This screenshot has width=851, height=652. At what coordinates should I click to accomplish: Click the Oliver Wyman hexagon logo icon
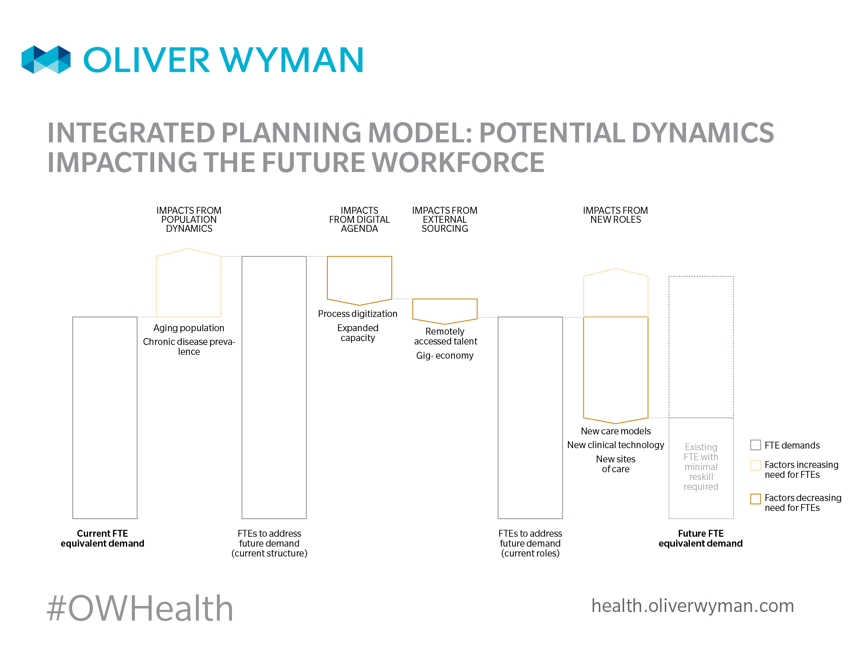tap(46, 59)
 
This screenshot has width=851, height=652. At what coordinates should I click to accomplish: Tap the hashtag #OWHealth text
tap(140, 608)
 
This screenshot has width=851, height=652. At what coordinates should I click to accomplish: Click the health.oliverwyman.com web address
tap(692, 606)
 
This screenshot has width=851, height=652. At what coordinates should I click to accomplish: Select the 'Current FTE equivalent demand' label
tap(102, 538)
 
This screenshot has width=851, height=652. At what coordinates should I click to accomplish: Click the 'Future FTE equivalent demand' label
tap(701, 538)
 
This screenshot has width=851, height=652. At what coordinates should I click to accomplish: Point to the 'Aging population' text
tap(189, 328)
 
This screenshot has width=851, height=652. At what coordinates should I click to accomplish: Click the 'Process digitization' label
tap(358, 314)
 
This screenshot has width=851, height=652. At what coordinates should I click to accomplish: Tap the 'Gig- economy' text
tap(445, 356)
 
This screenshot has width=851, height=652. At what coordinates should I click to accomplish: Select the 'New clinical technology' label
tap(616, 445)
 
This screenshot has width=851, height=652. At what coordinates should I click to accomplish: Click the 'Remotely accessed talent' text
tap(445, 336)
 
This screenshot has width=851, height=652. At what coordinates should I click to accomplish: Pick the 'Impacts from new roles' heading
tap(616, 215)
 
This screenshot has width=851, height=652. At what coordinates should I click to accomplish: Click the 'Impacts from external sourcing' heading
tap(445, 219)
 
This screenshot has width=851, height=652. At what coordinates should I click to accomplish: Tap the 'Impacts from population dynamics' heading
tap(189, 219)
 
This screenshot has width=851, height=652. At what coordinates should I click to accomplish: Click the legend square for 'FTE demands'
tap(756, 445)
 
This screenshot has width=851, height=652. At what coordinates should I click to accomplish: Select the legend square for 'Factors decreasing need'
tap(756, 498)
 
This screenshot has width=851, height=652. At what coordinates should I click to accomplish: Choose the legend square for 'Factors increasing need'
tap(756, 465)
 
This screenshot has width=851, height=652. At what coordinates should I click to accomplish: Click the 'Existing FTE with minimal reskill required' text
tap(701, 467)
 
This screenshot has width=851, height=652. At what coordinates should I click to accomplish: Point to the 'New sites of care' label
tap(616, 464)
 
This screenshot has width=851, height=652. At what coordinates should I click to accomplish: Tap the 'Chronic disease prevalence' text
tap(189, 347)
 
